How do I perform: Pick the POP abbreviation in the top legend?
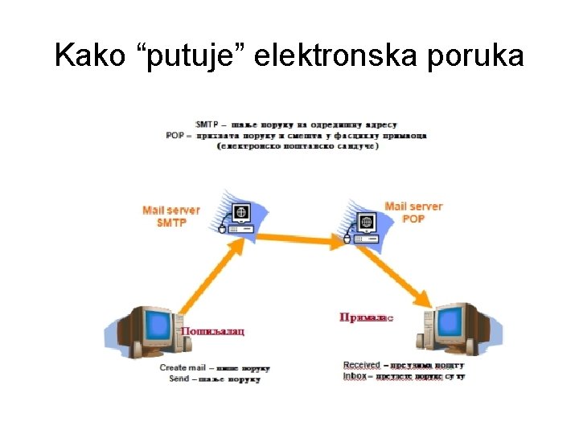coord(175,136)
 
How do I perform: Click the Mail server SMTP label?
coord(171,216)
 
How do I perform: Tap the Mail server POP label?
coord(413,212)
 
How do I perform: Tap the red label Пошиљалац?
coord(212,331)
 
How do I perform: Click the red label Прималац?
coord(367,318)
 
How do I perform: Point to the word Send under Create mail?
coord(179,378)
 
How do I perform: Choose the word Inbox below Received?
coord(355,376)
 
